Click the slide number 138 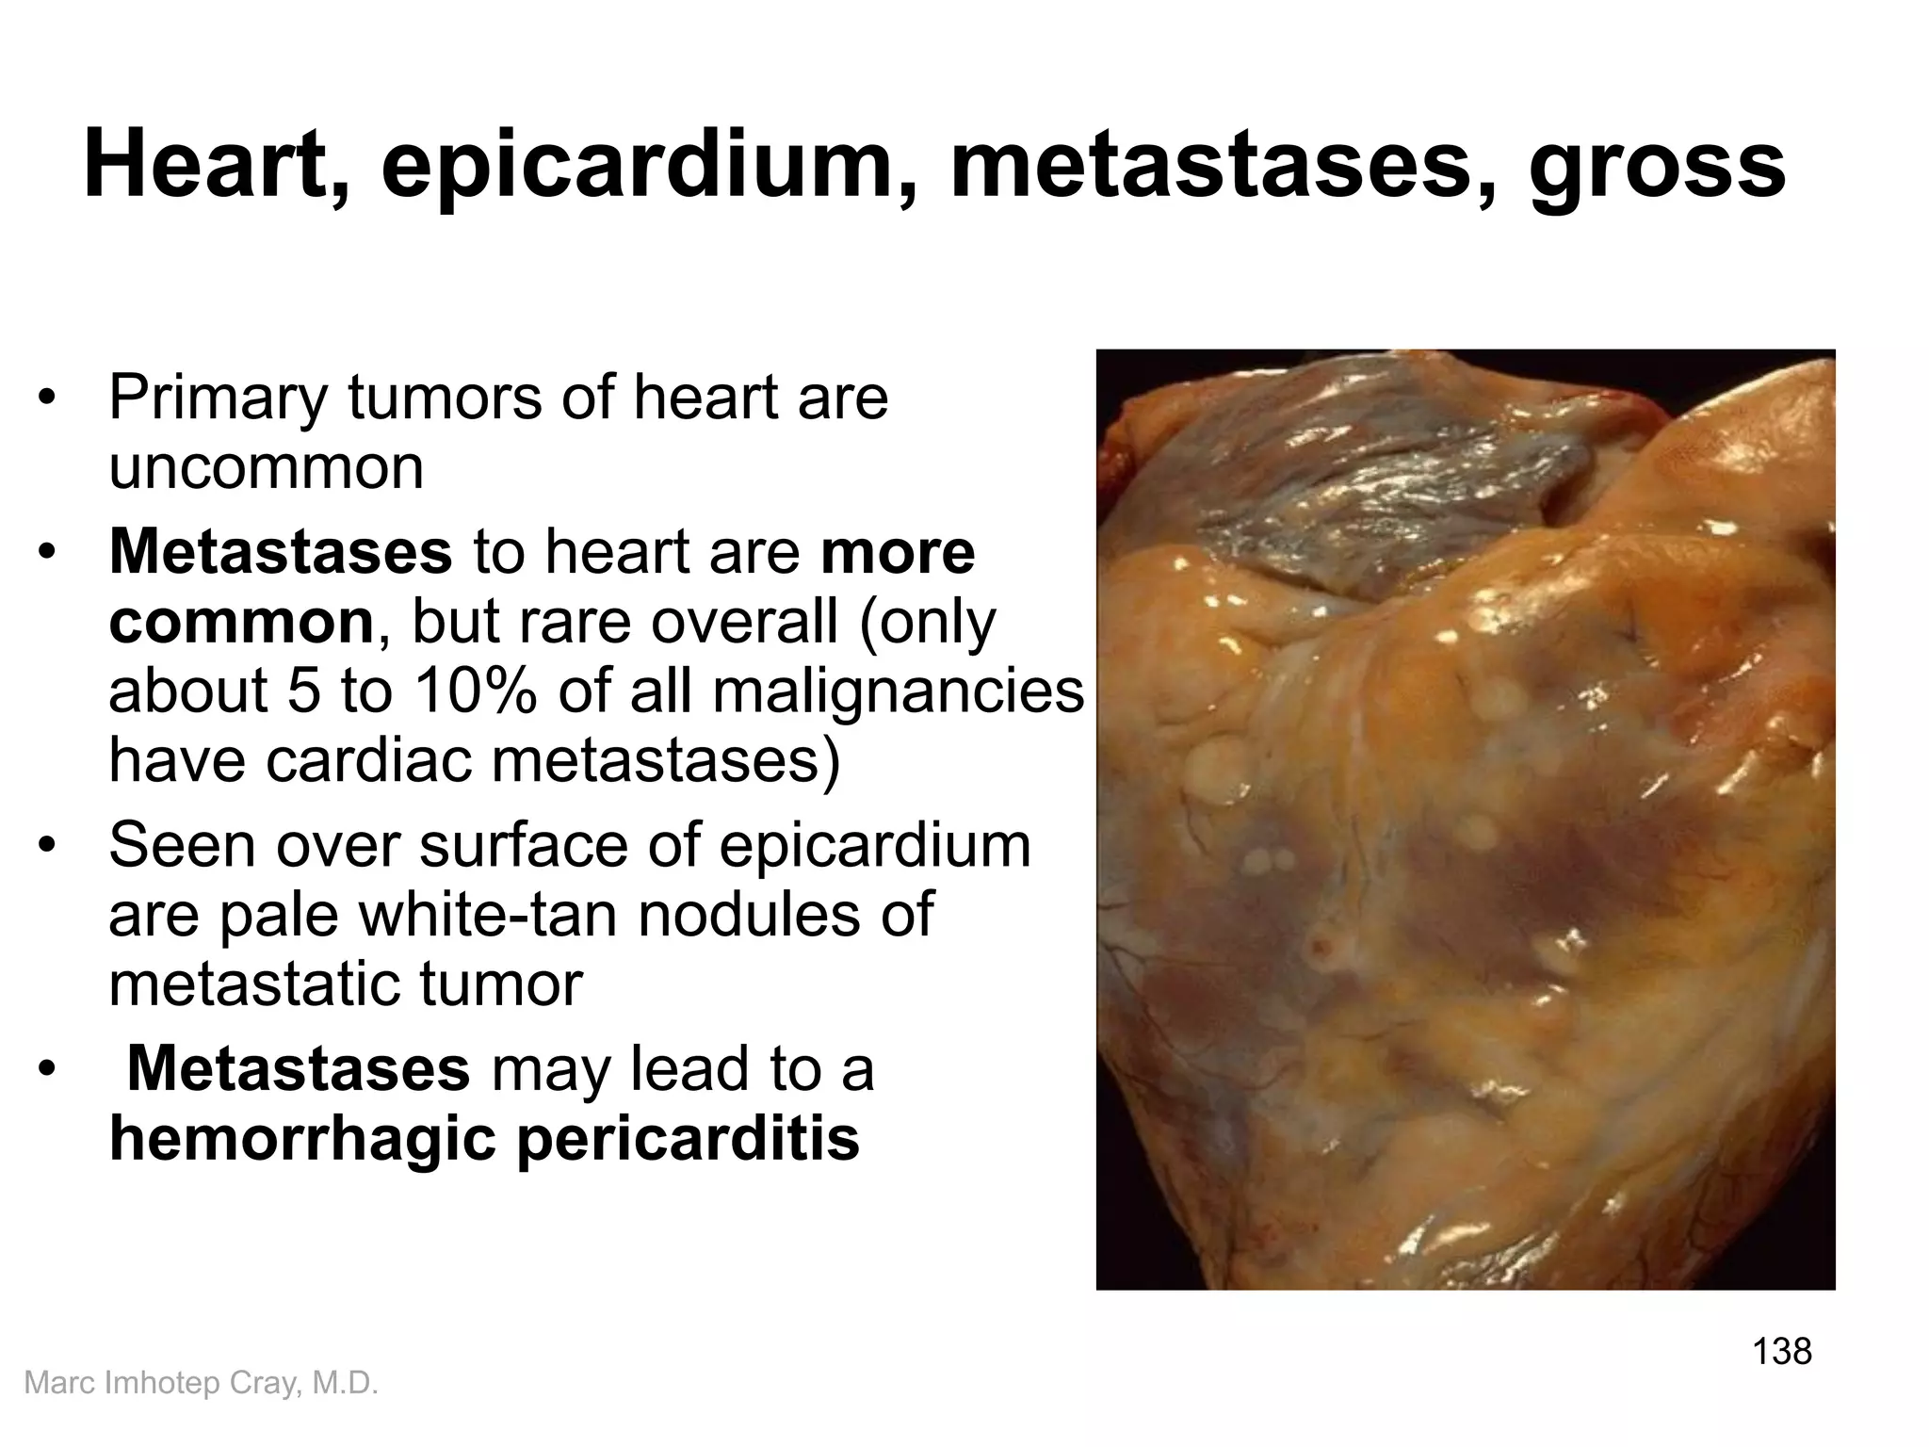click(1782, 1351)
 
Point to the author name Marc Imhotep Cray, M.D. click(201, 1383)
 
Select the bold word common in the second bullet click(241, 622)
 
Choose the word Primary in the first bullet click(219, 398)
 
